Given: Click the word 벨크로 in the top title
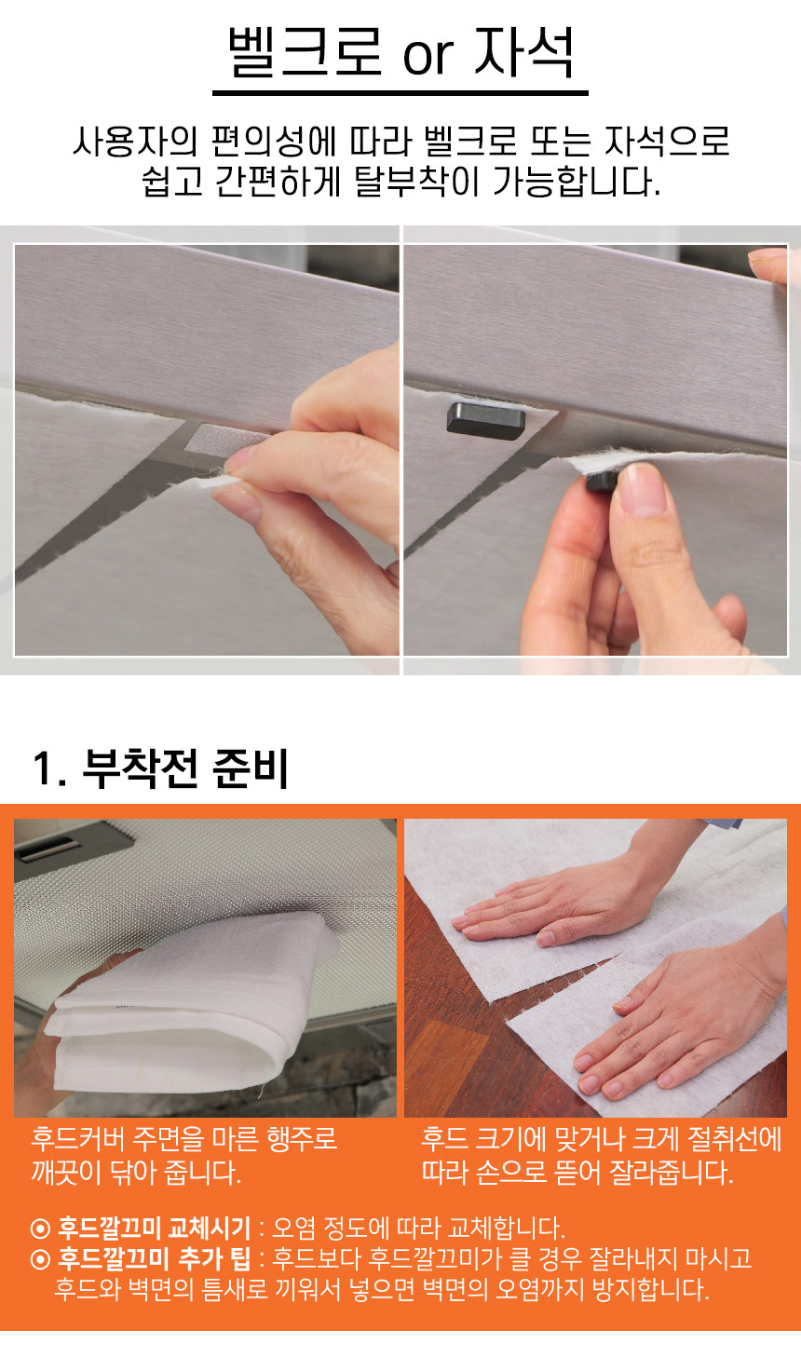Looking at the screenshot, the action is pos(305,52).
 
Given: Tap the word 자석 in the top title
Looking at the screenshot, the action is pos(523,52).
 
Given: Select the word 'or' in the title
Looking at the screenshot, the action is pos(428,58).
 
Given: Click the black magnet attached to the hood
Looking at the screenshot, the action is pos(485,419).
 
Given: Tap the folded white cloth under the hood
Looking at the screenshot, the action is pos(188,1006).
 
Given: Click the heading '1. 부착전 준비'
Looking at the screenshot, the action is pos(161,768).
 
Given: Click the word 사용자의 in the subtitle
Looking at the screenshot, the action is pos(135,142).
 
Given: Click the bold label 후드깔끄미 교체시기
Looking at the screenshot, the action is pos(154,1229).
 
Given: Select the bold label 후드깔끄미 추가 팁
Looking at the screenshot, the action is pos(154,1258).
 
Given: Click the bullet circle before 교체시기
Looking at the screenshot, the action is pos(40,1229).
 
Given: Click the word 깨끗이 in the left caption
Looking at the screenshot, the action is pos(66,1173).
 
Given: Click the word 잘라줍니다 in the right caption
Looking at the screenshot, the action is pos(671,1173).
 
